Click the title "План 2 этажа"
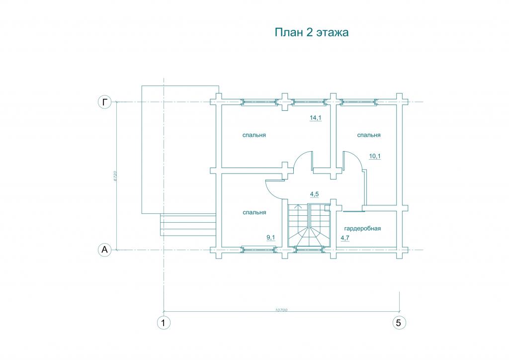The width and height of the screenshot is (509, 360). tap(311, 32)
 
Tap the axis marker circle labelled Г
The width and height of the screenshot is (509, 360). tap(104, 102)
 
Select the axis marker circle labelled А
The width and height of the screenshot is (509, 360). tap(104, 250)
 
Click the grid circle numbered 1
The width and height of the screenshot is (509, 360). tap(163, 323)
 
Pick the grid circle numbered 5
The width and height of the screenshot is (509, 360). tap(399, 323)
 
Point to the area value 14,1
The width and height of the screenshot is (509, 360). tap(316, 117)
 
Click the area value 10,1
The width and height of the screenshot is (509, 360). tap(375, 156)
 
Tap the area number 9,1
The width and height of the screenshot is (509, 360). tap(271, 238)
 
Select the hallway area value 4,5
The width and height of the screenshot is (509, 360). tap(314, 194)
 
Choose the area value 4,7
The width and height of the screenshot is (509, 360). tap(345, 238)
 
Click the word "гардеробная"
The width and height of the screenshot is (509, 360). tap(362, 229)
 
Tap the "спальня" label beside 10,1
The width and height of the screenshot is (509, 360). tap(369, 135)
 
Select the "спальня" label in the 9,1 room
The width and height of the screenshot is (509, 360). tap(254, 212)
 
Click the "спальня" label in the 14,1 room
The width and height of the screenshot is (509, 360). tap(254, 135)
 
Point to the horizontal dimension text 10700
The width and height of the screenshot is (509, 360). tap(281, 310)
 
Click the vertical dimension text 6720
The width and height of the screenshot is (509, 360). tap(115, 176)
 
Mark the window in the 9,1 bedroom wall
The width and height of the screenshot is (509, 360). tap(258, 250)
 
